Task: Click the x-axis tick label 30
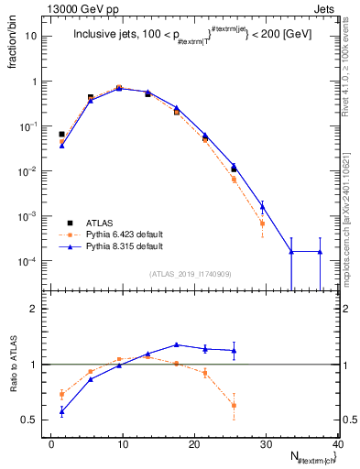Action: tap(266, 443)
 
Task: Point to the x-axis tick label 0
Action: tap(51, 443)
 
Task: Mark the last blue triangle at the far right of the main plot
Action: tap(320, 252)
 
